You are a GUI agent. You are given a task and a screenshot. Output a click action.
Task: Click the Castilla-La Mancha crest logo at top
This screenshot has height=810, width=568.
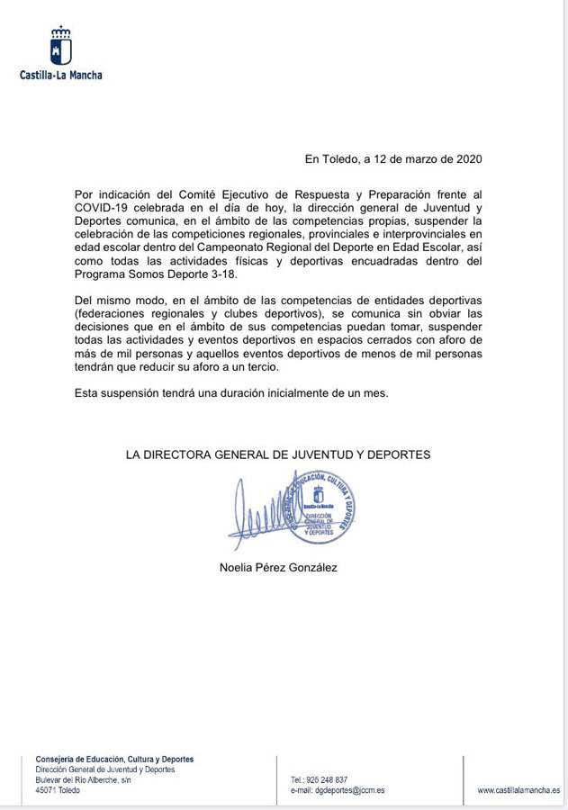(61, 46)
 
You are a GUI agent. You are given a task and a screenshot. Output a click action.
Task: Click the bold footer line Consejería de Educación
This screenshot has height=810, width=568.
(114, 759)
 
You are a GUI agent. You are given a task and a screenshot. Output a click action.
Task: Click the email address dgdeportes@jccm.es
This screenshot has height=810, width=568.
(338, 790)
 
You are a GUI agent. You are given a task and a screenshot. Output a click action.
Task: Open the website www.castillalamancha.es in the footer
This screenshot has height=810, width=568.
(518, 790)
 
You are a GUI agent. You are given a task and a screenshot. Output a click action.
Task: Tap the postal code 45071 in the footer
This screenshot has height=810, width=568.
(46, 790)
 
